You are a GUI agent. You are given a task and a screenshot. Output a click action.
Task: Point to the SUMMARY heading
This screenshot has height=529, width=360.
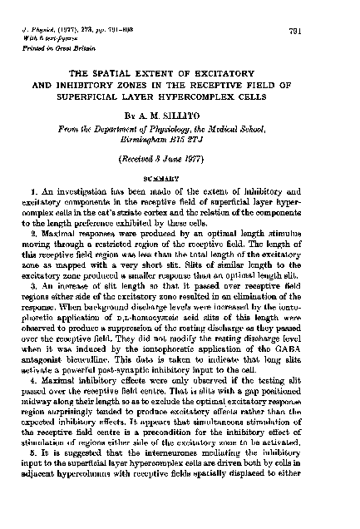click(x=180, y=178)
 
